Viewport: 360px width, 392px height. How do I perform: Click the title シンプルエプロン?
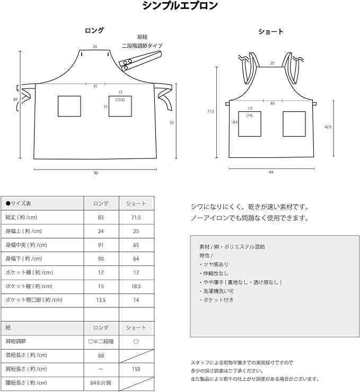[180, 6]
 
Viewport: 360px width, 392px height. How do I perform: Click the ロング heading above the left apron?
[94, 31]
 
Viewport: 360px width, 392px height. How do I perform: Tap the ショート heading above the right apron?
[270, 32]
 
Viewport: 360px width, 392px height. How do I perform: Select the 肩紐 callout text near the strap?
[142, 37]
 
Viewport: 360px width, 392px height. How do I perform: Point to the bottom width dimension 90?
[96, 173]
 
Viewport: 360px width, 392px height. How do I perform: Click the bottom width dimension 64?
[270, 172]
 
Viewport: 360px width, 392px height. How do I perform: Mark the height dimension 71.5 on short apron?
[210, 111]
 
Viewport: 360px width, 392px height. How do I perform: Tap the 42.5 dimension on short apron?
[327, 127]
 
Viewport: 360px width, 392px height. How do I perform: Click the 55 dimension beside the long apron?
[171, 122]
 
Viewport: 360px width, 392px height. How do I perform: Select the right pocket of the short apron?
[294, 123]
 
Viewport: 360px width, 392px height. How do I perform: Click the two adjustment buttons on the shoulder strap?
[127, 64]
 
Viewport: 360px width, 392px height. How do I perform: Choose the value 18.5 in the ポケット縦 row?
[136, 286]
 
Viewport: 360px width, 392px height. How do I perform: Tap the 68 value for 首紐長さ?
[101, 355]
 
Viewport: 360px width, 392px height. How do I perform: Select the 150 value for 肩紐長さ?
[136, 369]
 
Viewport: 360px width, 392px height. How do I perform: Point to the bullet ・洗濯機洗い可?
[217, 291]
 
